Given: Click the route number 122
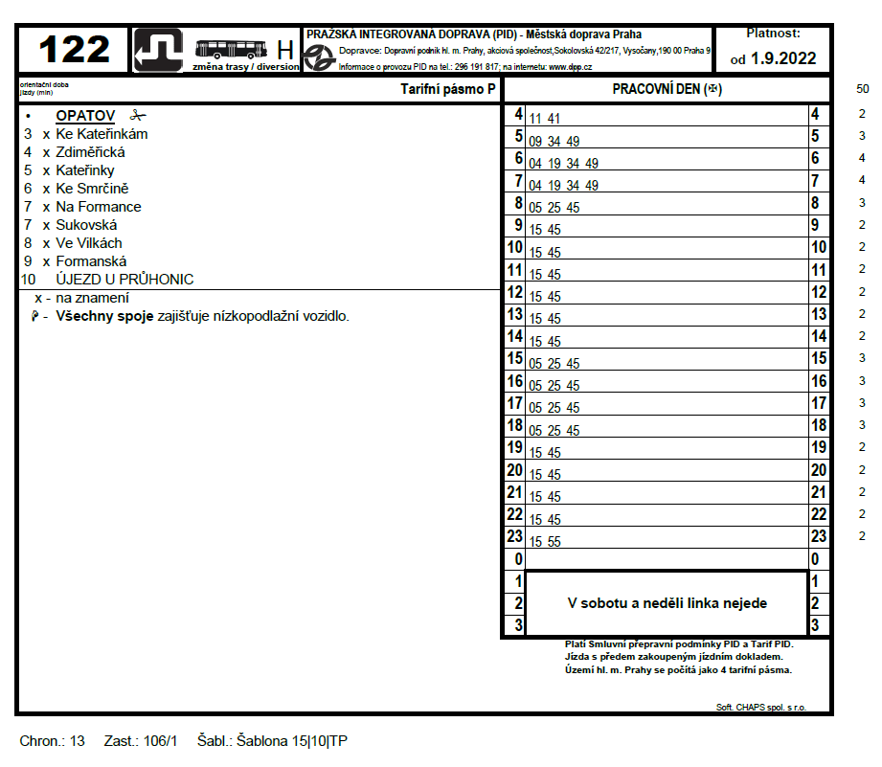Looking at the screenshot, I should click(x=74, y=49).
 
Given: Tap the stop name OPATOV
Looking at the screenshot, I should click(x=85, y=116).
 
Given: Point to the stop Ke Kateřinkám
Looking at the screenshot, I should click(x=102, y=134).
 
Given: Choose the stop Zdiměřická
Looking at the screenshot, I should click(x=90, y=152).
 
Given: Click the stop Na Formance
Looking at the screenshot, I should click(x=98, y=207).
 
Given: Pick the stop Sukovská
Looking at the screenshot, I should click(x=86, y=225).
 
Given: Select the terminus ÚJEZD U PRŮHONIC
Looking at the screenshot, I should click(x=124, y=280).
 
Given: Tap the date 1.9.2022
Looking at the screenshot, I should click(x=783, y=58).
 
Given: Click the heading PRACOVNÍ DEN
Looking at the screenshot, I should click(x=666, y=90).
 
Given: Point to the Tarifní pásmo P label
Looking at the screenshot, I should click(x=448, y=90).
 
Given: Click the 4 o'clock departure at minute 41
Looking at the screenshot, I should click(x=554, y=120).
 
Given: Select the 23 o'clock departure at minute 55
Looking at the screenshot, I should click(x=554, y=542).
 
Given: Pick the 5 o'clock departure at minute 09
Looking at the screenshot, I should click(x=536, y=142).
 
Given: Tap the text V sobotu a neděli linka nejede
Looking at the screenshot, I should click(x=667, y=603).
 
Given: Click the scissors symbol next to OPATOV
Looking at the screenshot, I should click(x=138, y=116).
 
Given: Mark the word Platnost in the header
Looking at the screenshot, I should click(x=773, y=34).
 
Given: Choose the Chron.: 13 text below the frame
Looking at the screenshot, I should click(x=52, y=741).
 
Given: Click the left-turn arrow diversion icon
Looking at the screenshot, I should click(x=158, y=49).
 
